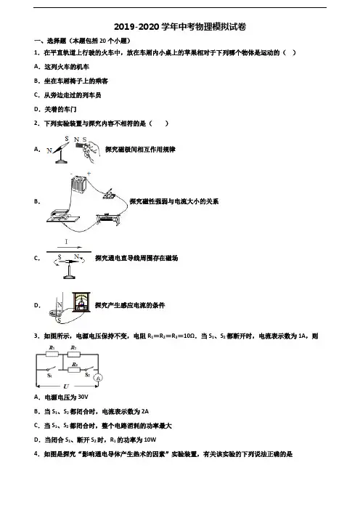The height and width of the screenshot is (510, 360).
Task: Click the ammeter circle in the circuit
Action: click(98, 378)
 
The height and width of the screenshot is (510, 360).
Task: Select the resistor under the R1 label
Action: click(52, 354)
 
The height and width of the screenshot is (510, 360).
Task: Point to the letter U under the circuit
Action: click(66, 386)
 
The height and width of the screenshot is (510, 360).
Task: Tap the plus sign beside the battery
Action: click(89, 174)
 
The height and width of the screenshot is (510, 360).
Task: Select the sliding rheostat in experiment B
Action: click(109, 219)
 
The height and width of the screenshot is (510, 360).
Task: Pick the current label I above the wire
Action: click(66, 242)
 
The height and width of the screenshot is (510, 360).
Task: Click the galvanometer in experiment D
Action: click(81, 301)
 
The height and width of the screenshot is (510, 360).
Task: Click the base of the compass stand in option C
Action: click(69, 277)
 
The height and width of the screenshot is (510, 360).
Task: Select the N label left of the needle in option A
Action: click(49, 150)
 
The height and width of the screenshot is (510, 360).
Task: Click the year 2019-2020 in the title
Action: click(137, 27)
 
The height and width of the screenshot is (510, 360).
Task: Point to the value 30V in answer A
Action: click(83, 397)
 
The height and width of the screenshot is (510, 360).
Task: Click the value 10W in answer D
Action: click(150, 440)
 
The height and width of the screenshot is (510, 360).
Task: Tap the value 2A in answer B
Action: click(145, 411)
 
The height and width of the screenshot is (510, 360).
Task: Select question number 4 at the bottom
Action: click(36, 454)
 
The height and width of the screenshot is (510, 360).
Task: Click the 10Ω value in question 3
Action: click(189, 336)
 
